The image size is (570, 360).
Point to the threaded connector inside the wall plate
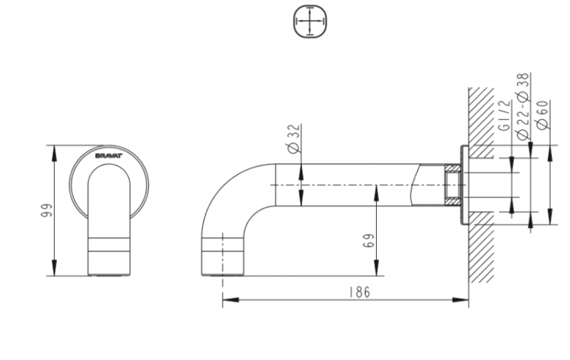451,186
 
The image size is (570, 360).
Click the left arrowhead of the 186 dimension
227,302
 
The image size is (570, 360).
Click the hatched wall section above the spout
482,114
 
